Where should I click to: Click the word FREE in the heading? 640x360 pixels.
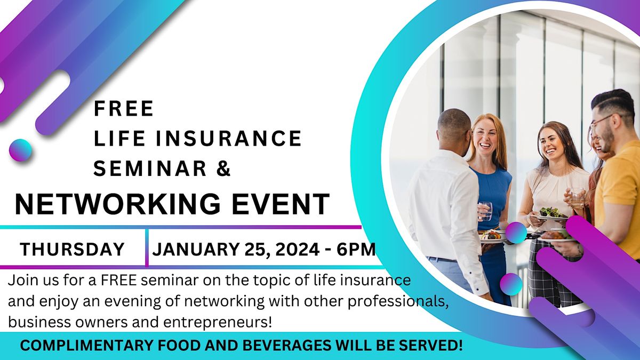[x=124, y=108]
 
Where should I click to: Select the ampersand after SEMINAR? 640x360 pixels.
[x=223, y=168]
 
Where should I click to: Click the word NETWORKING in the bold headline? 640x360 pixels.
[x=117, y=204]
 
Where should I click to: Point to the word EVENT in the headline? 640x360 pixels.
[x=281, y=204]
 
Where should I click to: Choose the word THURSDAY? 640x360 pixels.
[x=72, y=249]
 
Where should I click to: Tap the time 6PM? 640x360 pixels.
[x=356, y=249]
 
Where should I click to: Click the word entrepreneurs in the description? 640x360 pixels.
[x=218, y=323]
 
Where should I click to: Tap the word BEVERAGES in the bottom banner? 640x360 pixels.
[x=286, y=346]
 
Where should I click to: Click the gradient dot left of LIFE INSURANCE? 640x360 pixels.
[x=20, y=150]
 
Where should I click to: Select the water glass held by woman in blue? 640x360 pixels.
[x=485, y=211]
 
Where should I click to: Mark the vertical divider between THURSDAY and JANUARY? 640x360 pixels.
[x=147, y=247]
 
